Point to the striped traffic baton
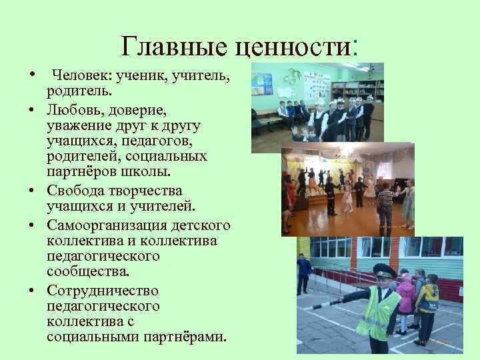327,300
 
